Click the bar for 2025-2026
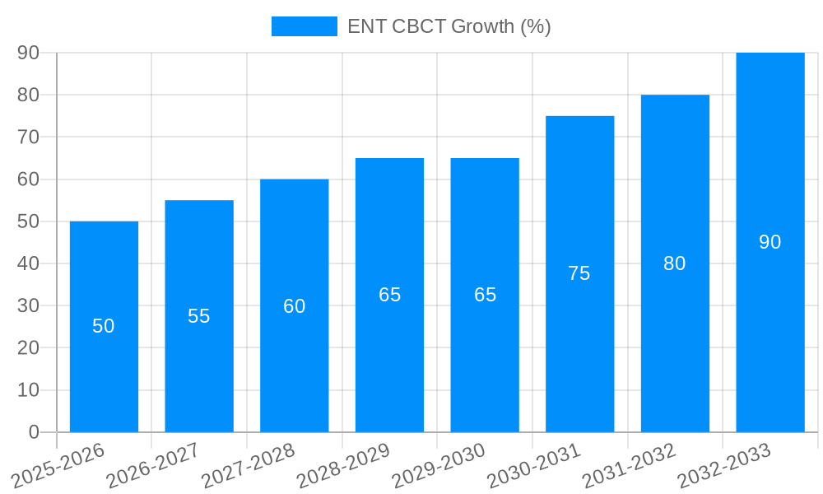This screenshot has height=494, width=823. [x=104, y=362]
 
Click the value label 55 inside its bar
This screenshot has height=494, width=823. [x=199, y=316]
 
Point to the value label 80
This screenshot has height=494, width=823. [x=675, y=263]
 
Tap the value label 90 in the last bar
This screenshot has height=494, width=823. [x=770, y=242]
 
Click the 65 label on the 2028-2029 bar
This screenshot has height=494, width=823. [x=390, y=295]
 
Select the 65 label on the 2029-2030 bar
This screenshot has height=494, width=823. [x=486, y=295]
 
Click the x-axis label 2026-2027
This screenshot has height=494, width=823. [x=152, y=465]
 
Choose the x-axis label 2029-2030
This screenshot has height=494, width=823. [x=438, y=465]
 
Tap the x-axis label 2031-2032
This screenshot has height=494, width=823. [x=629, y=465]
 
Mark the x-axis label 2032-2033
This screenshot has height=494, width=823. [x=724, y=465]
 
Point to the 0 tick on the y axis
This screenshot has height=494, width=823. [x=34, y=432]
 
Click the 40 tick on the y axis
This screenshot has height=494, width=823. [x=28, y=263]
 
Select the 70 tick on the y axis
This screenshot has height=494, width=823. [x=28, y=137]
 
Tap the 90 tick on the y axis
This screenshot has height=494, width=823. [x=28, y=53]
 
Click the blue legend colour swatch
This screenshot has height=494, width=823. [x=305, y=26]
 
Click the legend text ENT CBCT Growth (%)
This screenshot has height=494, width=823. [x=449, y=26]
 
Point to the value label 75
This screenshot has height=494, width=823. [x=579, y=273]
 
